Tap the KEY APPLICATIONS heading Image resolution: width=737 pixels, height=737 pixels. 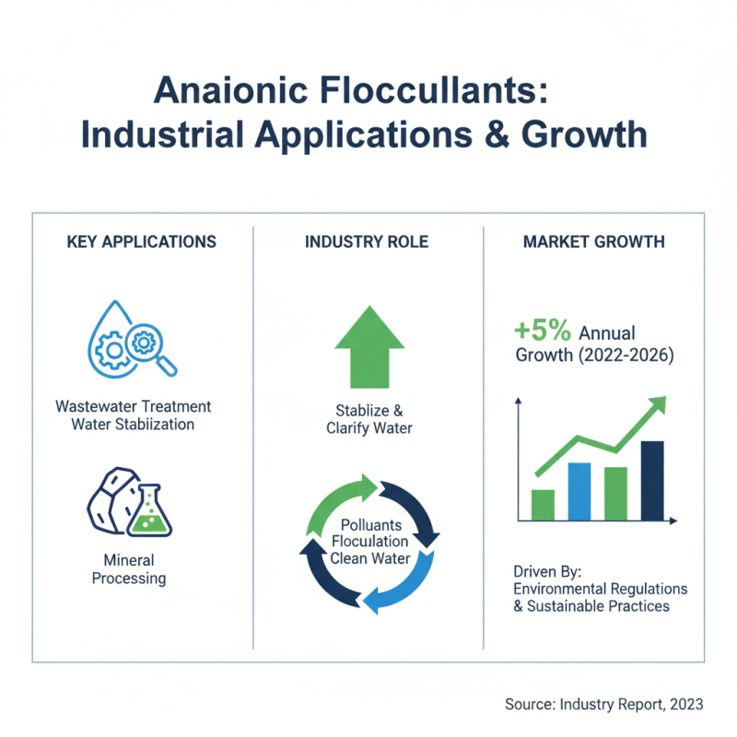click(142, 242)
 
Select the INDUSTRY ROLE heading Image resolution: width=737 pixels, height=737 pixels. click(368, 242)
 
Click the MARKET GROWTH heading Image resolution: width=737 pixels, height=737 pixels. click(592, 242)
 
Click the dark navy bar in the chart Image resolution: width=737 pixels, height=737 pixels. click(651, 480)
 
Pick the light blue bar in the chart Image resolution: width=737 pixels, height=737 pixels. click(579, 491)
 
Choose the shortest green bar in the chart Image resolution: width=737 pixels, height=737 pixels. click(544, 504)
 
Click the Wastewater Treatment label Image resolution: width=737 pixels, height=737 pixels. click(134, 406)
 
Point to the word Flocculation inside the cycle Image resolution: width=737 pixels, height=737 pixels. click(368, 541)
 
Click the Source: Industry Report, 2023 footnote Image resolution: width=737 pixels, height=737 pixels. click(604, 704)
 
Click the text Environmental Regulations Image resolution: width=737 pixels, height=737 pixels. click(602, 589)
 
